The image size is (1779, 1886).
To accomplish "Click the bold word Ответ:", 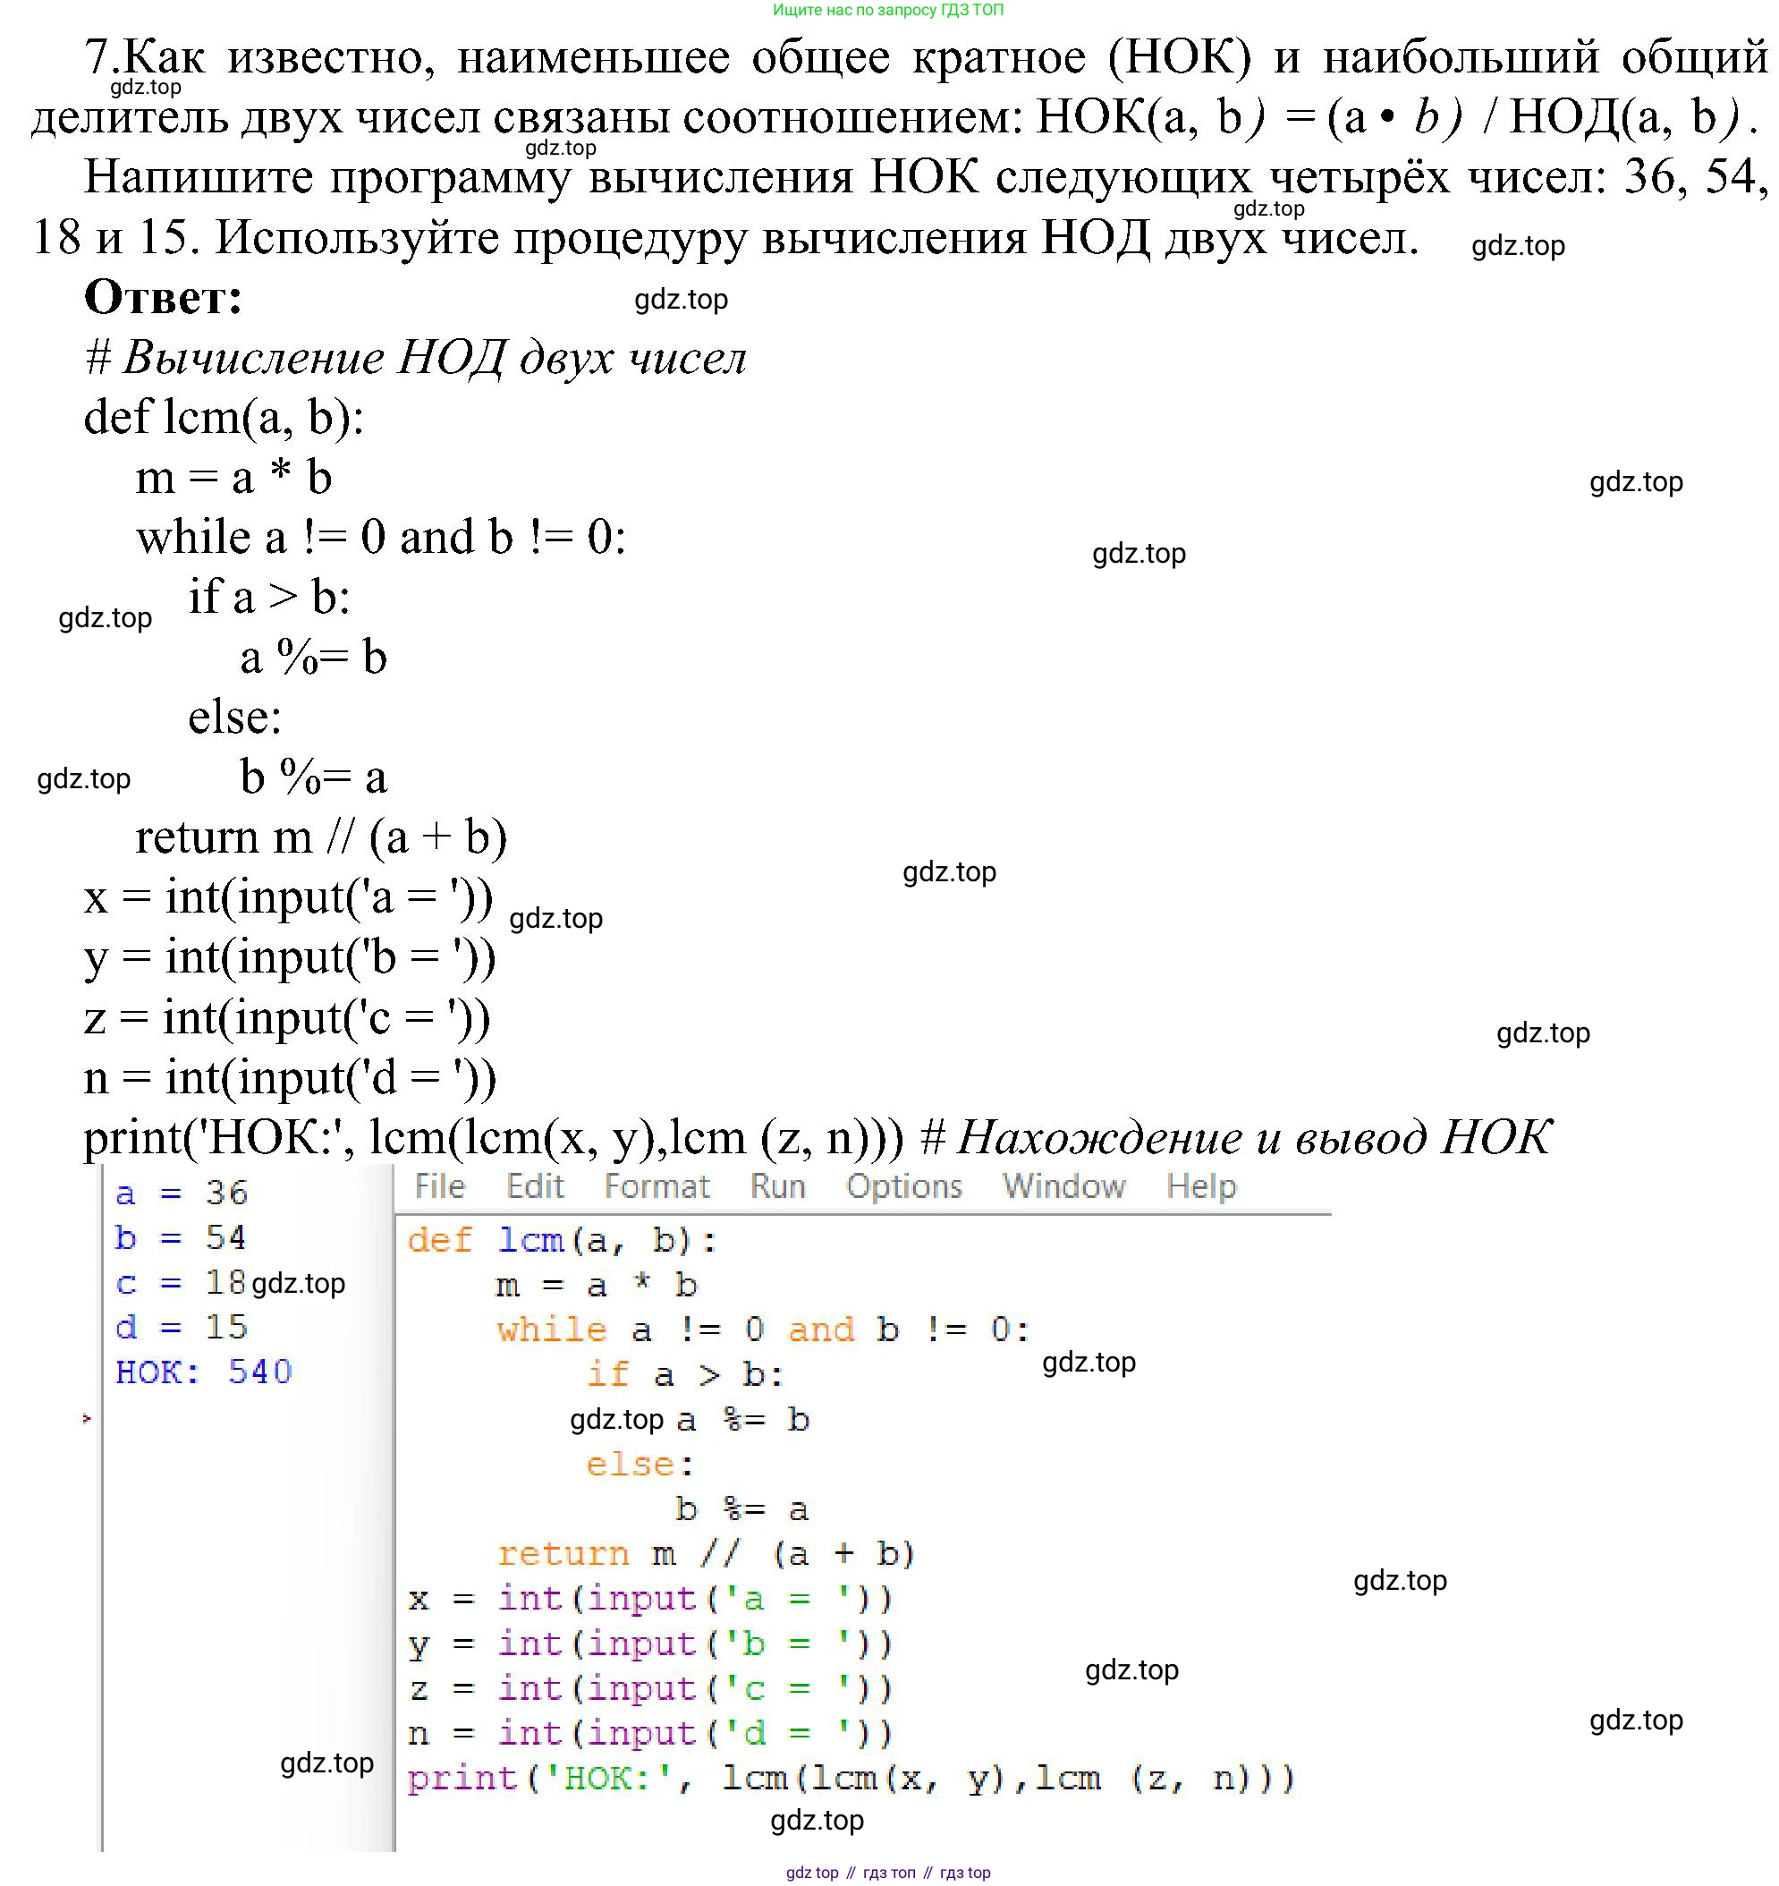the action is [163, 298].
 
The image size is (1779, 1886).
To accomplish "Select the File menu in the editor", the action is [440, 1187].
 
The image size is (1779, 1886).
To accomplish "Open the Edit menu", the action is [535, 1187].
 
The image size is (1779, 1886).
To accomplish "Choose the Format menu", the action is [657, 1187].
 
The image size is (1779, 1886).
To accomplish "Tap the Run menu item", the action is [777, 1187].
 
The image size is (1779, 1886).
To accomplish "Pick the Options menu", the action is [903, 1187].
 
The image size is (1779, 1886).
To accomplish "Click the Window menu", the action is [1064, 1187].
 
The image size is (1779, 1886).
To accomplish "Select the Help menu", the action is [1201, 1187].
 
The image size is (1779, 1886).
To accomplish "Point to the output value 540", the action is [260, 1372].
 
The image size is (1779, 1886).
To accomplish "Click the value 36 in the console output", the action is [226, 1193].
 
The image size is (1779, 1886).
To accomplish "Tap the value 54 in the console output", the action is [225, 1237].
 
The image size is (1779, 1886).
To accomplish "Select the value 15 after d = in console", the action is [226, 1326].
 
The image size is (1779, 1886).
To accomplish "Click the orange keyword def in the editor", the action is [439, 1240].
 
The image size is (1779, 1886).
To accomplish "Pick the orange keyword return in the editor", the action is [563, 1553].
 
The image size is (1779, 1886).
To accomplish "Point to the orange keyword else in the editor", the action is [630, 1464].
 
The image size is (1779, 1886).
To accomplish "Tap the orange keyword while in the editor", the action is [552, 1330].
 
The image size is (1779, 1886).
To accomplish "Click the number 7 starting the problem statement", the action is [97, 57].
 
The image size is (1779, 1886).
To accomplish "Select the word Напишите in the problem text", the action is [199, 177].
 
